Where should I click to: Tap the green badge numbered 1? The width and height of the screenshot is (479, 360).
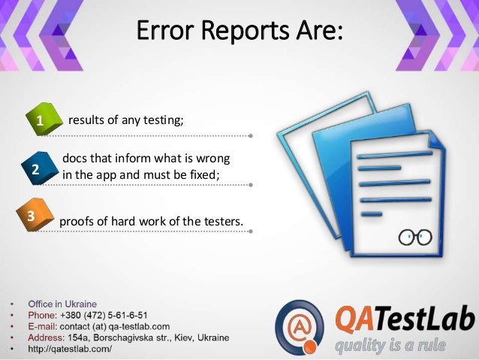point(37,120)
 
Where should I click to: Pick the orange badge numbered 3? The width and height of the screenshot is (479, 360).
point(32,216)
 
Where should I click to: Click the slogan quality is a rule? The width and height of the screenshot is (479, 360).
point(390,346)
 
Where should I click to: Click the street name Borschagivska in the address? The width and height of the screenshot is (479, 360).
point(125,337)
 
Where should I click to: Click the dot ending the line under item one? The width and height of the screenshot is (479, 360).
point(250,137)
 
